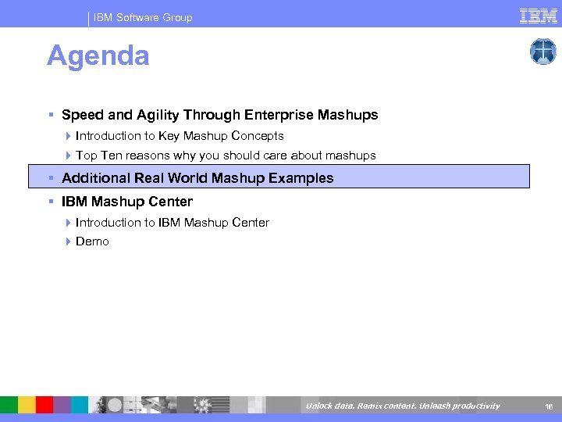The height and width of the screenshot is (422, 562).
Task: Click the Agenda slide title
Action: pyautogui.click(x=98, y=56)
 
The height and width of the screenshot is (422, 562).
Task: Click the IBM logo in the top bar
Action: pyautogui.click(x=539, y=16)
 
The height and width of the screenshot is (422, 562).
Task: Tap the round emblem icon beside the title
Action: pyautogui.click(x=542, y=52)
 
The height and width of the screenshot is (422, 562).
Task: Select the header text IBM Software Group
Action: pyautogui.click(x=143, y=17)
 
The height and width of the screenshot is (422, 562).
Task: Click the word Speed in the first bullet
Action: pyautogui.click(x=81, y=115)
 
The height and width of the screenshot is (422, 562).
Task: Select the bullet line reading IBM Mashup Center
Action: pyautogui.click(x=126, y=202)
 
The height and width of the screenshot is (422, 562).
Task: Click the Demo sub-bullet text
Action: pyautogui.click(x=92, y=241)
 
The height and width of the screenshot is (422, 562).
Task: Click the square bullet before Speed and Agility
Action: pyautogui.click(x=51, y=116)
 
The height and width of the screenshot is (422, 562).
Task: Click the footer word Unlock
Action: pyautogui.click(x=318, y=406)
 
